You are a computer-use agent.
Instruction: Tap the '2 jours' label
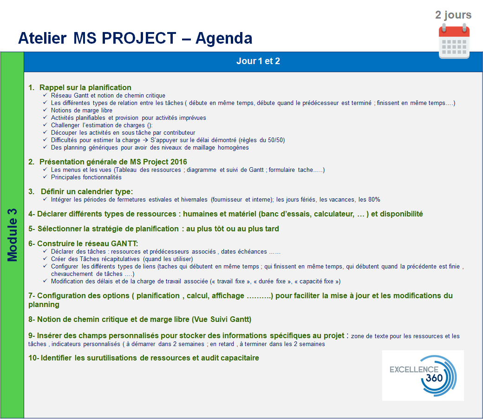click(x=453, y=15)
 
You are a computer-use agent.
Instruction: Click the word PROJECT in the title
click(x=139, y=38)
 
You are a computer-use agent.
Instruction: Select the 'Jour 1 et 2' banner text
click(x=258, y=61)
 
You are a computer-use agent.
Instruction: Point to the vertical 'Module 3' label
click(x=13, y=235)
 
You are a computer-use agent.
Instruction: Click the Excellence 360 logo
click(x=423, y=375)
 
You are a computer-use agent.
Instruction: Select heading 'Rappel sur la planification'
click(x=85, y=87)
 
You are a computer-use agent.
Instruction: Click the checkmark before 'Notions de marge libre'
click(x=45, y=110)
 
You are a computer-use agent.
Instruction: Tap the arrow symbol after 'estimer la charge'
click(x=145, y=140)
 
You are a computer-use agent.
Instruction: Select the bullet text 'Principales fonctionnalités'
click(x=86, y=177)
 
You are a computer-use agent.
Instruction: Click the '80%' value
click(x=374, y=200)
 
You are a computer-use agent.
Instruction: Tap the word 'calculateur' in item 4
click(x=334, y=214)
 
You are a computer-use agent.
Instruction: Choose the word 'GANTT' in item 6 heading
click(x=124, y=243)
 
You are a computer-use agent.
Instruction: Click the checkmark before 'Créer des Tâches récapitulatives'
click(x=45, y=259)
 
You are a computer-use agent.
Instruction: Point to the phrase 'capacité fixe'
click(x=316, y=282)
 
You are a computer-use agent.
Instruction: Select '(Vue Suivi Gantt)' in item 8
click(x=222, y=319)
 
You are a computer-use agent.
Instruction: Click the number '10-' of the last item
click(x=33, y=358)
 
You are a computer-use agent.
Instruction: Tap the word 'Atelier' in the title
click(x=43, y=38)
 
